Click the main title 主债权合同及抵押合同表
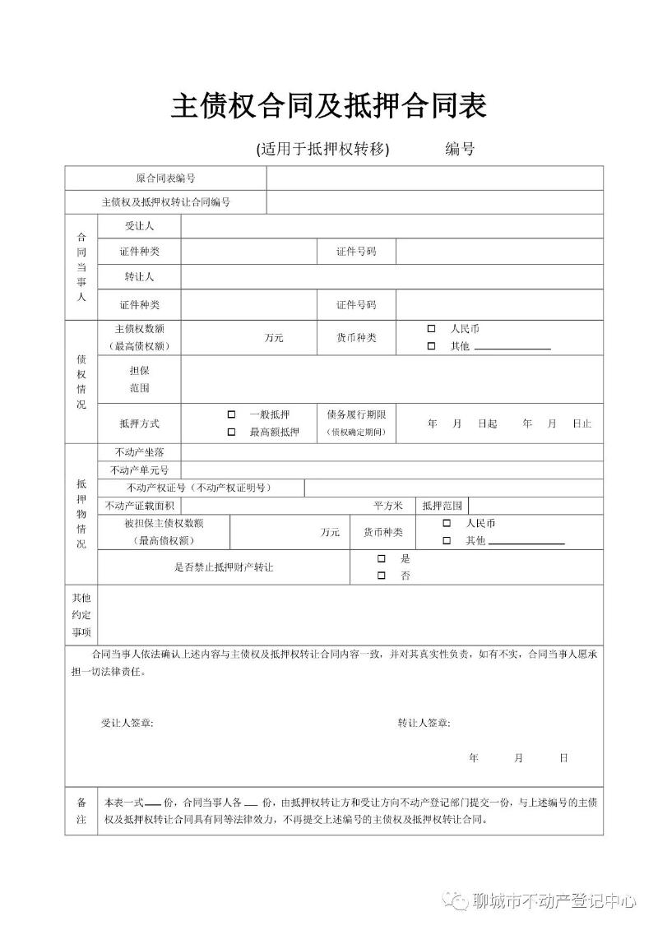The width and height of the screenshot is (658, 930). click(x=329, y=106)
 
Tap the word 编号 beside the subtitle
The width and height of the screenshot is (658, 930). click(x=460, y=149)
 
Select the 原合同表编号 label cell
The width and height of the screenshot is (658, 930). click(x=165, y=178)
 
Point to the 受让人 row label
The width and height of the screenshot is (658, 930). click(x=139, y=226)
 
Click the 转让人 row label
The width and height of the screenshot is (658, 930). click(x=139, y=277)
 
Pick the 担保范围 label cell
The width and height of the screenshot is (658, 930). click(x=139, y=379)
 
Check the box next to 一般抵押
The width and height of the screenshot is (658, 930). click(x=231, y=414)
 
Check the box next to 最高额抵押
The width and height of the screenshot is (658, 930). click(x=231, y=432)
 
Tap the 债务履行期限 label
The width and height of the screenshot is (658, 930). click(x=356, y=414)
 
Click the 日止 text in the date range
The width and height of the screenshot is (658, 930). click(x=582, y=423)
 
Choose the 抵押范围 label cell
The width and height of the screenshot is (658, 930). click(x=443, y=506)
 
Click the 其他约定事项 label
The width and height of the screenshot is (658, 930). click(x=81, y=614)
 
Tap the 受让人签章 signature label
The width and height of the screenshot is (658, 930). click(x=127, y=723)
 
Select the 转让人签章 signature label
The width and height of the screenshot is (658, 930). click(x=424, y=723)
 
